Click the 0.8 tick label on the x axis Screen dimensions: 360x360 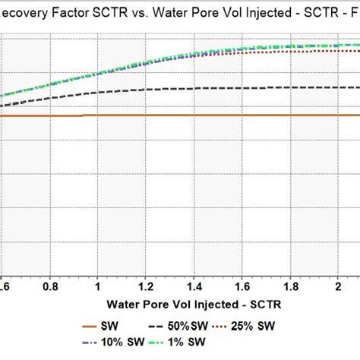pyautogui.click(x=51, y=288)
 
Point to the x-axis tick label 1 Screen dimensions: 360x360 pyautogui.click(x=99, y=288)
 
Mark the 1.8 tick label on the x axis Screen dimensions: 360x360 pyautogui.click(x=290, y=288)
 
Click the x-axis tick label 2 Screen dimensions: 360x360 pyautogui.click(x=338, y=288)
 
